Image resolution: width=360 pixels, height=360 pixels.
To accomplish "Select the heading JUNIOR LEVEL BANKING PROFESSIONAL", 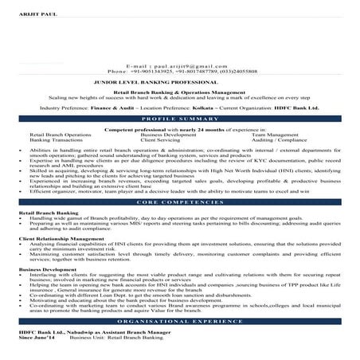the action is [179, 81].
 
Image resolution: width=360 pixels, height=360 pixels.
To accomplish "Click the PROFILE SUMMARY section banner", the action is [179, 118].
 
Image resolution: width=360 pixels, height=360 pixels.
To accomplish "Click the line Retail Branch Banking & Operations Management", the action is [179, 92].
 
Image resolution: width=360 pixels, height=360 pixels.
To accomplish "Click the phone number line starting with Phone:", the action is [179, 71].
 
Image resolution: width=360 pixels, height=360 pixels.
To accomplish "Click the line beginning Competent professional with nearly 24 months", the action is [179, 127].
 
